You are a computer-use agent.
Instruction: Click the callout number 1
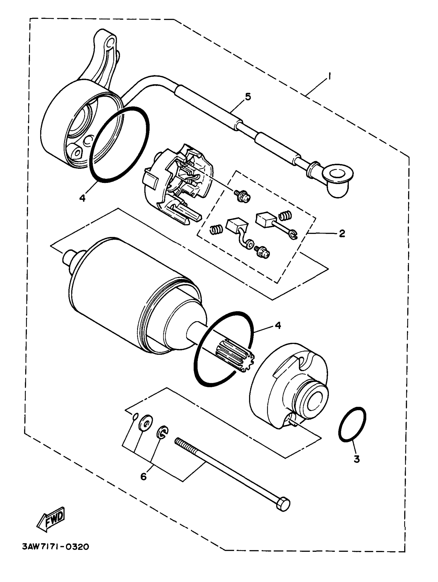pyautogui.click(x=329, y=77)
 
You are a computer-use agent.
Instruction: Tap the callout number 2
pyautogui.click(x=342, y=233)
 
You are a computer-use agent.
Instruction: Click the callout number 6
pyautogui.click(x=143, y=476)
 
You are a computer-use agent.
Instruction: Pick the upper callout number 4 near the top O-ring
pyautogui.click(x=82, y=198)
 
